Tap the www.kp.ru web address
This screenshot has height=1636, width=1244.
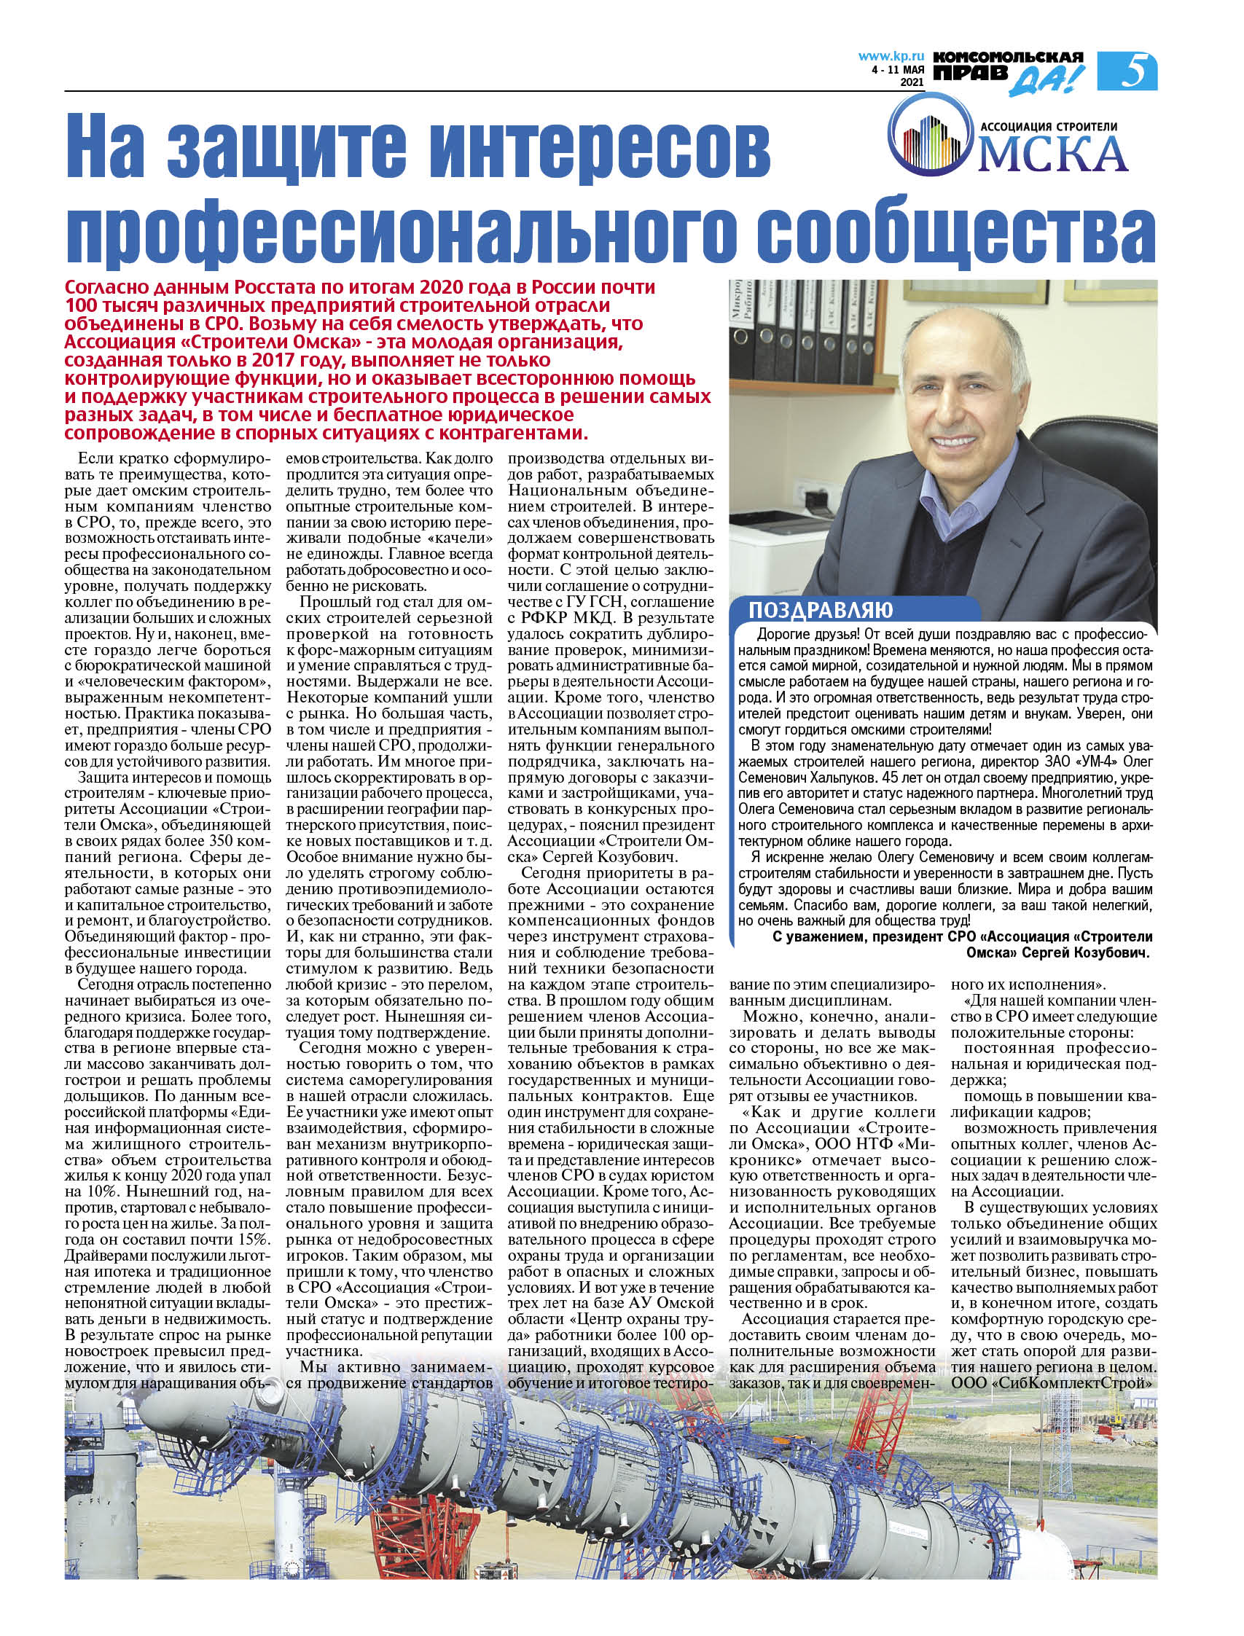pyautogui.click(x=891, y=55)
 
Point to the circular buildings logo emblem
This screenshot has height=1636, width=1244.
pyautogui.click(x=929, y=141)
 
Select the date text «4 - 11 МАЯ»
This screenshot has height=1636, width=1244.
pyautogui.click(x=898, y=71)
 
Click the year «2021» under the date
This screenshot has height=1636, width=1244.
pyautogui.click(x=912, y=84)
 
